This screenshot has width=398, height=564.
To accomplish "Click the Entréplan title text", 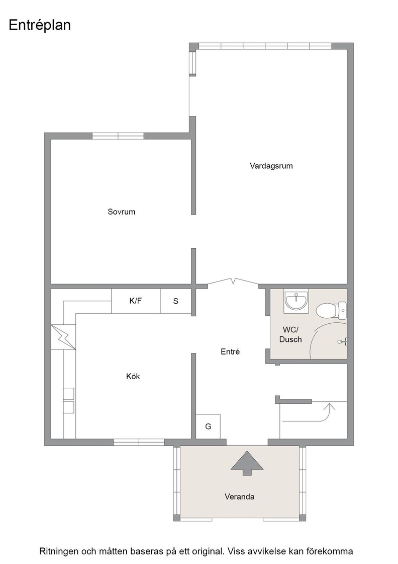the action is click(40, 26).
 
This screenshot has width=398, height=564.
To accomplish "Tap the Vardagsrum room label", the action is click(271, 166).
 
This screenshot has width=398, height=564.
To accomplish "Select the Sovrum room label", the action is click(121, 212).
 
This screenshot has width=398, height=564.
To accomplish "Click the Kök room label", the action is click(133, 376).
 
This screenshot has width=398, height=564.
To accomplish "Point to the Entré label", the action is click(230, 352).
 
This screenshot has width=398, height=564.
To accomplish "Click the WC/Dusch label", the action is click(290, 334).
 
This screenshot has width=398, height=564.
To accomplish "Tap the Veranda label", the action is click(239, 497).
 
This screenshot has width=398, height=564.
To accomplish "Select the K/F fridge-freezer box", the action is click(136, 301).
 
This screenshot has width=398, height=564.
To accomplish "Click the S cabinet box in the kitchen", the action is click(175, 301).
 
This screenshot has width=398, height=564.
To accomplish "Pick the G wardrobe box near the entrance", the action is click(208, 427).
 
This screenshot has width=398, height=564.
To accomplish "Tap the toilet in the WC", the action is click(331, 310).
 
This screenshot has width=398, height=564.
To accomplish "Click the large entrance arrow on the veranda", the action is click(247, 463).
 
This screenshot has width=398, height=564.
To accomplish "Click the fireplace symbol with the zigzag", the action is click(63, 337).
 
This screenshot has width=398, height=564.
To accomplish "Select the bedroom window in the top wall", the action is click(118, 136).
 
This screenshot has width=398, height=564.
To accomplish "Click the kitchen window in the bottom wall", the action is click(139, 442).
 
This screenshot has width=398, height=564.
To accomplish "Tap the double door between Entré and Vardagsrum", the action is click(233, 281).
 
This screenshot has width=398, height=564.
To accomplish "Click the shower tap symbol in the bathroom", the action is click(342, 342).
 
